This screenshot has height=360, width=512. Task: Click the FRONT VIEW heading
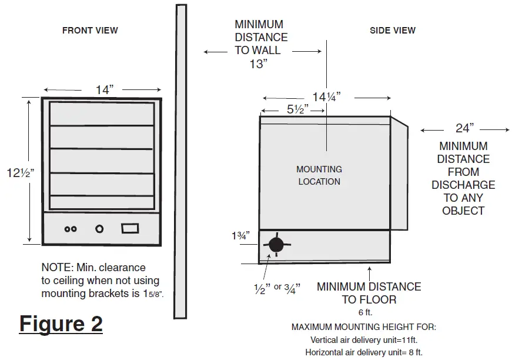[x=90, y=31]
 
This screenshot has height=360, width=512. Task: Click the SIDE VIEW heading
[x=392, y=31]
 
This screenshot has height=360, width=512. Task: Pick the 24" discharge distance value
[x=464, y=129]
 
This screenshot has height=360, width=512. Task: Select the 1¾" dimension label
[x=240, y=236]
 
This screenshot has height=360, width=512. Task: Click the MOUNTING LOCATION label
[x=319, y=175]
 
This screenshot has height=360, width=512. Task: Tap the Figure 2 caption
[x=61, y=324]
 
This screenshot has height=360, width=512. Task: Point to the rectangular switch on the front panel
[x=129, y=228]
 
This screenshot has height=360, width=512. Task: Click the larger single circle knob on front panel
[x=99, y=229]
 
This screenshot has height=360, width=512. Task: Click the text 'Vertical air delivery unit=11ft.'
[x=364, y=339]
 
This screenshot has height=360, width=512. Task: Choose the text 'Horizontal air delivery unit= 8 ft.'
[x=364, y=352]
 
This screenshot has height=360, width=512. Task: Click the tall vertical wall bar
[x=181, y=159]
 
